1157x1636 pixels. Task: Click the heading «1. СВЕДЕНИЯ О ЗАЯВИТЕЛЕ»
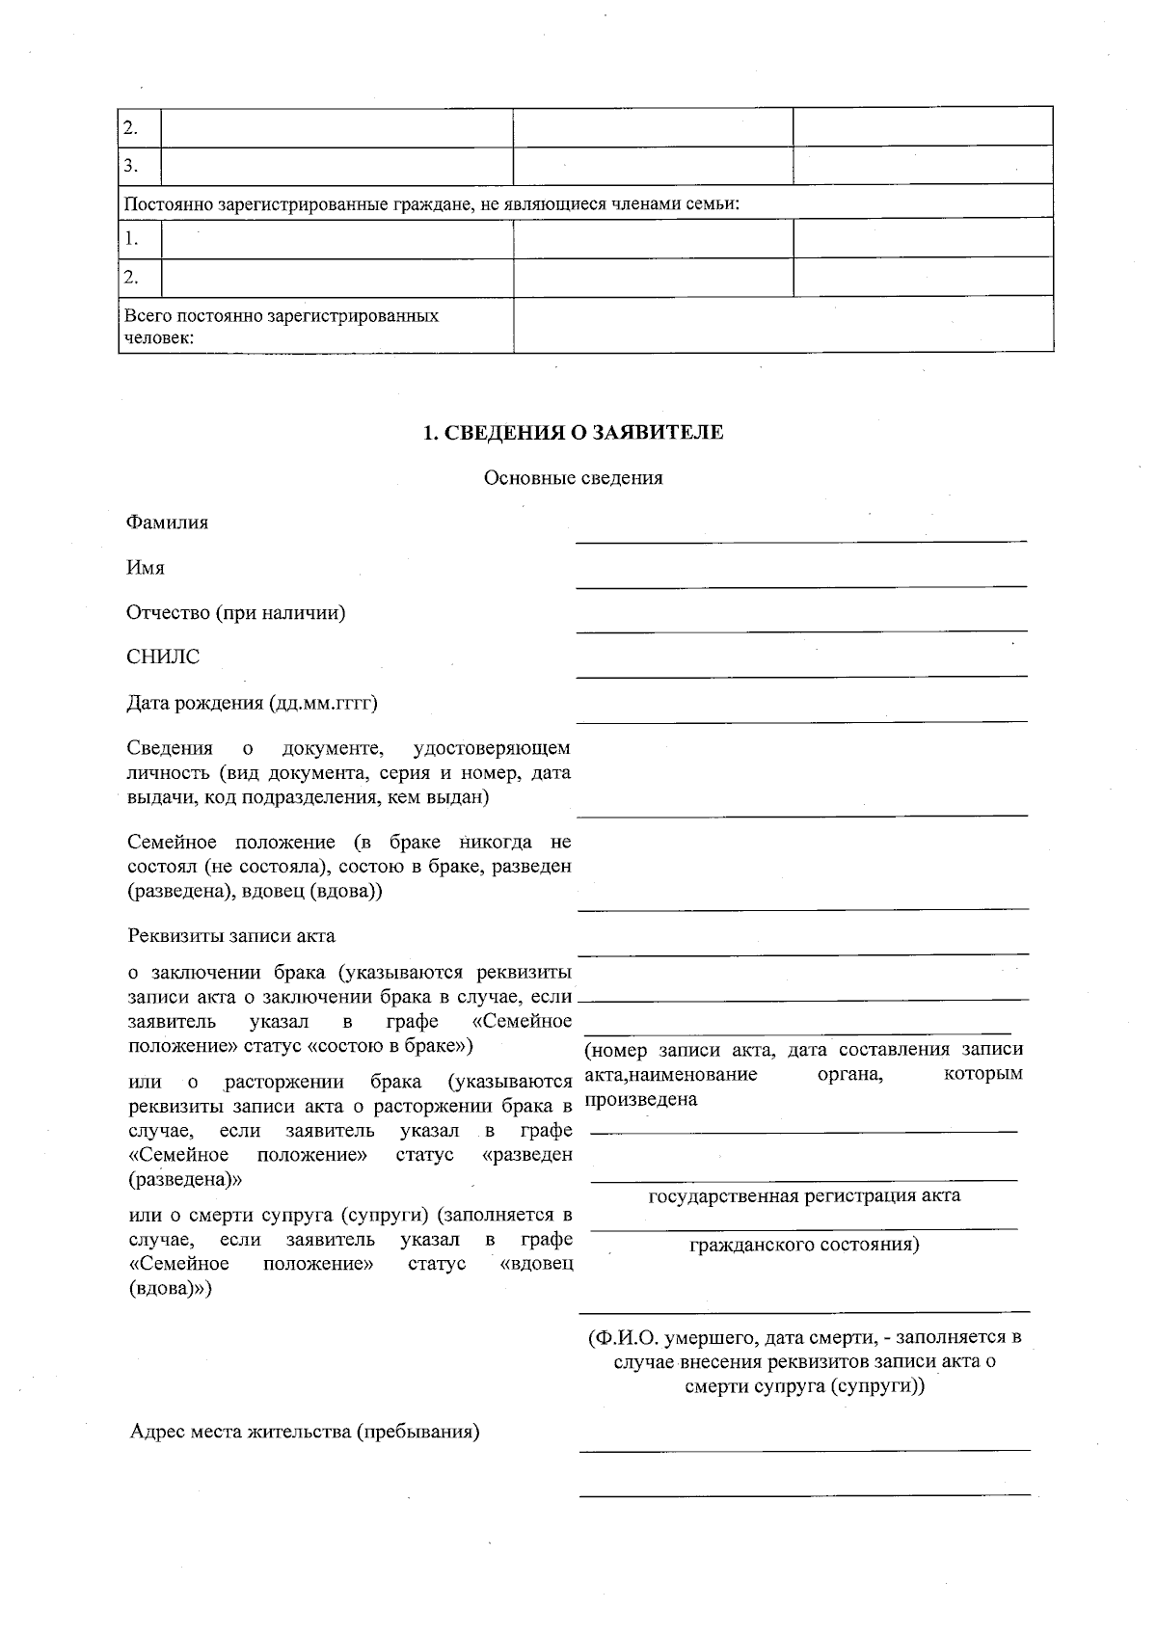[x=574, y=433]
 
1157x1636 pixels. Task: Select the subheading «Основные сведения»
[x=573, y=478]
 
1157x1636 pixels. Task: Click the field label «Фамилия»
[x=167, y=523]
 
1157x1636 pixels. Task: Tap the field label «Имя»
[x=146, y=568]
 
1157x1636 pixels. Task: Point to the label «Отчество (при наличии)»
[x=235, y=612]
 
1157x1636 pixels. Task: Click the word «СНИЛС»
[x=163, y=657]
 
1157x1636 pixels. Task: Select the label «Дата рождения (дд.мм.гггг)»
[x=252, y=702]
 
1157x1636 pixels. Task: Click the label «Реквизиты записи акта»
[x=231, y=936]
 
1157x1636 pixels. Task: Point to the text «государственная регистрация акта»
[x=804, y=1195]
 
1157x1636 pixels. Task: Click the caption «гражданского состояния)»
[x=804, y=1245]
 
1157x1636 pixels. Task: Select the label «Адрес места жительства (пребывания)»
[x=305, y=1431]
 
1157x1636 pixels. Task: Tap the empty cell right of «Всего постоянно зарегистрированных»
[x=782, y=326]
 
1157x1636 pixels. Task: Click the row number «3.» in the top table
[x=131, y=166]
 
